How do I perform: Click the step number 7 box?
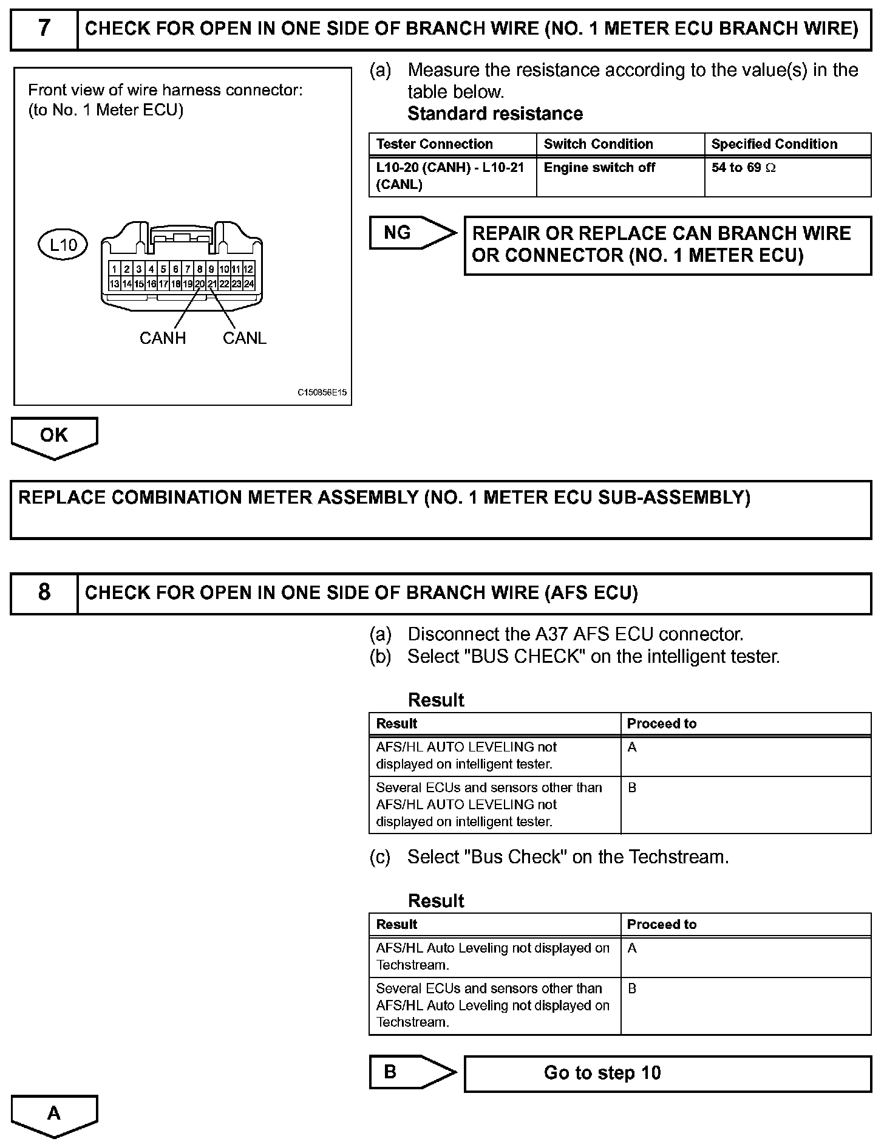[x=44, y=29]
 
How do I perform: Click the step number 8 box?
[x=44, y=592]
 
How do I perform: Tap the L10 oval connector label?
[x=63, y=245]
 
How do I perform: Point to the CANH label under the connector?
[x=162, y=338]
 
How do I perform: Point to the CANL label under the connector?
[x=244, y=338]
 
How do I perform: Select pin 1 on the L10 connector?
[x=114, y=269]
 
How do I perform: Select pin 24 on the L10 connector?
[x=249, y=284]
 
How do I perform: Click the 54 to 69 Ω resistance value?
[x=743, y=168]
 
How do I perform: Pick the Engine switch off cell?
[x=599, y=168]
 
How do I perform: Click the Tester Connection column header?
[x=434, y=144]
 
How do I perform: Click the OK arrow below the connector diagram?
[x=54, y=436]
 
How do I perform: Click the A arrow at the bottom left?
[x=54, y=1113]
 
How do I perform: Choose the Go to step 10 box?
[x=667, y=1073]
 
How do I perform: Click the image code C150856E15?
[x=322, y=392]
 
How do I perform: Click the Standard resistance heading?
[x=495, y=114]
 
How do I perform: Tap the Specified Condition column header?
[x=774, y=144]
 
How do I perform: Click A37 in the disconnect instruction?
[x=551, y=634]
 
